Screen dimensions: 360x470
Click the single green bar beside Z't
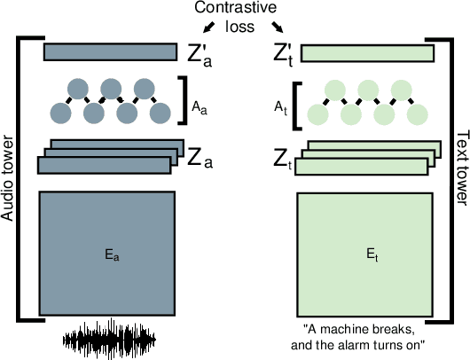click(x=367, y=54)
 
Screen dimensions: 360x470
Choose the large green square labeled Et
click(x=365, y=253)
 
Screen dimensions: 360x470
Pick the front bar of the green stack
click(x=360, y=167)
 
